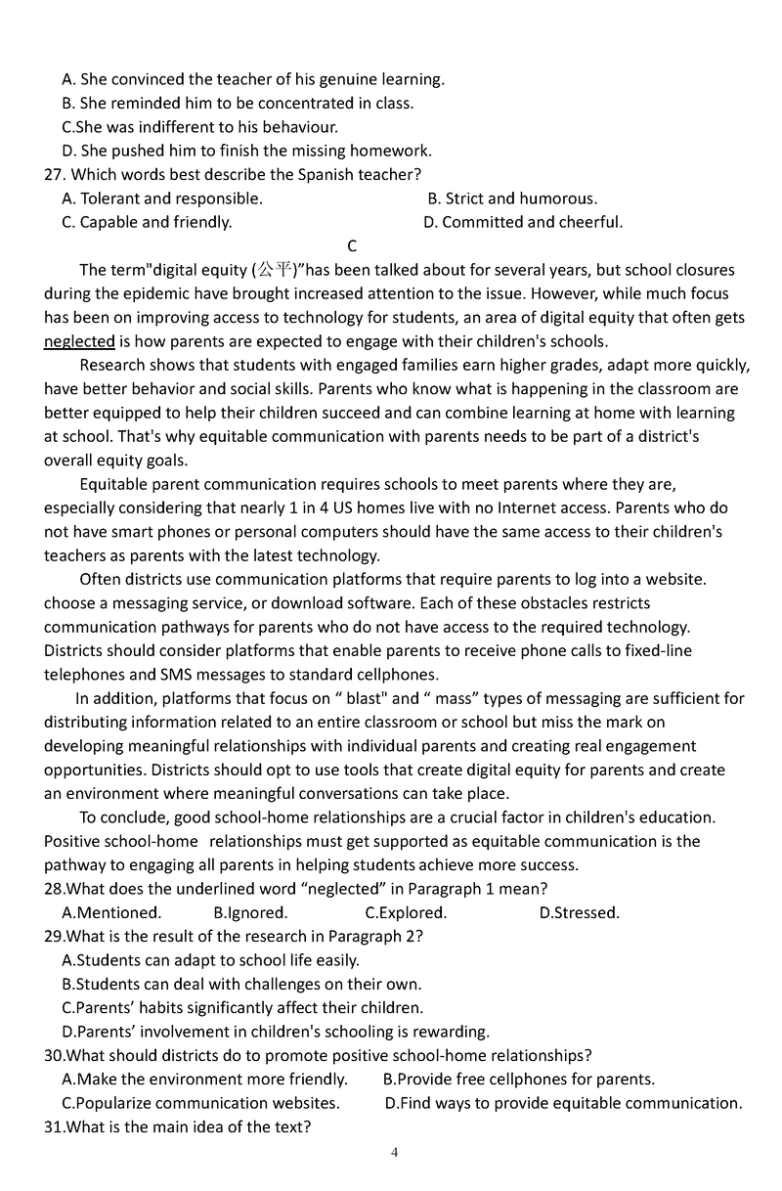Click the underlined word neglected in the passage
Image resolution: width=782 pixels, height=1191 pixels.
[79, 341]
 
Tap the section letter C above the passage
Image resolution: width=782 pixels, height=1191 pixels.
[352, 246]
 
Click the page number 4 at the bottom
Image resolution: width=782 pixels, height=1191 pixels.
[394, 1152]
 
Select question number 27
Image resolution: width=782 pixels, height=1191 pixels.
[55, 175]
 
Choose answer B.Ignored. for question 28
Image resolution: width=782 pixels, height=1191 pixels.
[250, 913]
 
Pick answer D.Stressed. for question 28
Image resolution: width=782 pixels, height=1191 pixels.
[579, 913]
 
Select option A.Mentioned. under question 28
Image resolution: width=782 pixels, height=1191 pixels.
[111, 913]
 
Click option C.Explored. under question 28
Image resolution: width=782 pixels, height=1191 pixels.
[406, 913]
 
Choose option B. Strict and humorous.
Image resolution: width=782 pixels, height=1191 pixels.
[512, 198]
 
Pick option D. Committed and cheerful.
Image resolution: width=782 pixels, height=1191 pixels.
[523, 222]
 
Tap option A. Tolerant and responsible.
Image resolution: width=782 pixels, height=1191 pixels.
[162, 198]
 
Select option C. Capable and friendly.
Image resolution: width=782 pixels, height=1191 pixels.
[147, 222]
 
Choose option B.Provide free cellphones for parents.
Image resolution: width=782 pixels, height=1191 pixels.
[518, 1080]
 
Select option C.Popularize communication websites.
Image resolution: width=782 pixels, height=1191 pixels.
[200, 1103]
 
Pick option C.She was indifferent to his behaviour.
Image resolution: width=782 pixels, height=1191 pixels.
[199, 127]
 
